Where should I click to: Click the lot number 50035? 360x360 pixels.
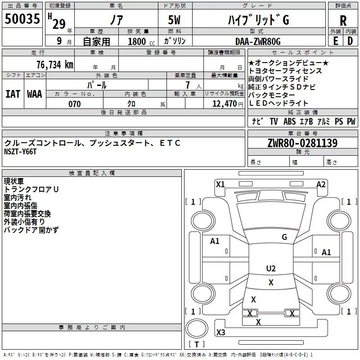coord(22,18)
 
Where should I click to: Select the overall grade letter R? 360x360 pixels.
coord(343,21)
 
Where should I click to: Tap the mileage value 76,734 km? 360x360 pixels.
coord(55,64)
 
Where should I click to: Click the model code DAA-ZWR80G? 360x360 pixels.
coord(258,41)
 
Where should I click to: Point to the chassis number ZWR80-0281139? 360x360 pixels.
coord(302,143)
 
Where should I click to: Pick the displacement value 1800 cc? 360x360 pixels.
coord(141,41)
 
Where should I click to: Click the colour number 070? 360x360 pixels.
coord(75,104)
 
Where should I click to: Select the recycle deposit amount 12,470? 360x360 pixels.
coord(225,104)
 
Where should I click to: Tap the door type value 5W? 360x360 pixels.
coord(174,20)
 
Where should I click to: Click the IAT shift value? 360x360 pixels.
coord(13,94)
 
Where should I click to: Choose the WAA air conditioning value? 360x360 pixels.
coord(35,94)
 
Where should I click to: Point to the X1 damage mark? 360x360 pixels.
coord(220,184)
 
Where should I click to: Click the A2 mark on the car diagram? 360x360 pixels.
coord(321,184)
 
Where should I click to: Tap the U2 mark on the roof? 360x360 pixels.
coord(271,268)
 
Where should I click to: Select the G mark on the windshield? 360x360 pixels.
coord(284,237)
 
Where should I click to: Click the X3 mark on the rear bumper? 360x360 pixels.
coord(221,332)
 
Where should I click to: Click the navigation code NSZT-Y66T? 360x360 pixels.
coord(20,152)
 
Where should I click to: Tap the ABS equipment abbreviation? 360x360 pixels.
coord(289,121)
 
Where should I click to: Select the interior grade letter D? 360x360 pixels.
coord(350,41)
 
